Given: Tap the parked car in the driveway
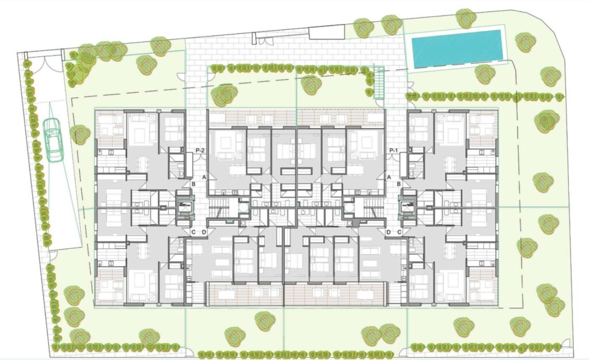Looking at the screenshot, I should click(x=53, y=139).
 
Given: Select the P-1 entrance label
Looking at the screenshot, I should click(x=394, y=151).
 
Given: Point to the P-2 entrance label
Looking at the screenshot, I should click(x=201, y=151).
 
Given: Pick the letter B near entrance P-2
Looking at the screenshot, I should click(x=193, y=184).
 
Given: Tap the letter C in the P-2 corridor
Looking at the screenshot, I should click(x=193, y=232).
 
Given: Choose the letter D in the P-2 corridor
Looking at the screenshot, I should click(x=204, y=232).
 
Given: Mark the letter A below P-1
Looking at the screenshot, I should click(x=389, y=177).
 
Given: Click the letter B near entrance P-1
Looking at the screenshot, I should click(x=399, y=184).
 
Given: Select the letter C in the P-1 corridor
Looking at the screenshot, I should click(x=399, y=232).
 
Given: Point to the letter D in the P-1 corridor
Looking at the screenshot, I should click(x=389, y=232).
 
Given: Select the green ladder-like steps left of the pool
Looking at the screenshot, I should click(x=379, y=83).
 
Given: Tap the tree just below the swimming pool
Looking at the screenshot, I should click(x=485, y=74).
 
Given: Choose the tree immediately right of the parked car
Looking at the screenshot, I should click(x=80, y=135).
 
